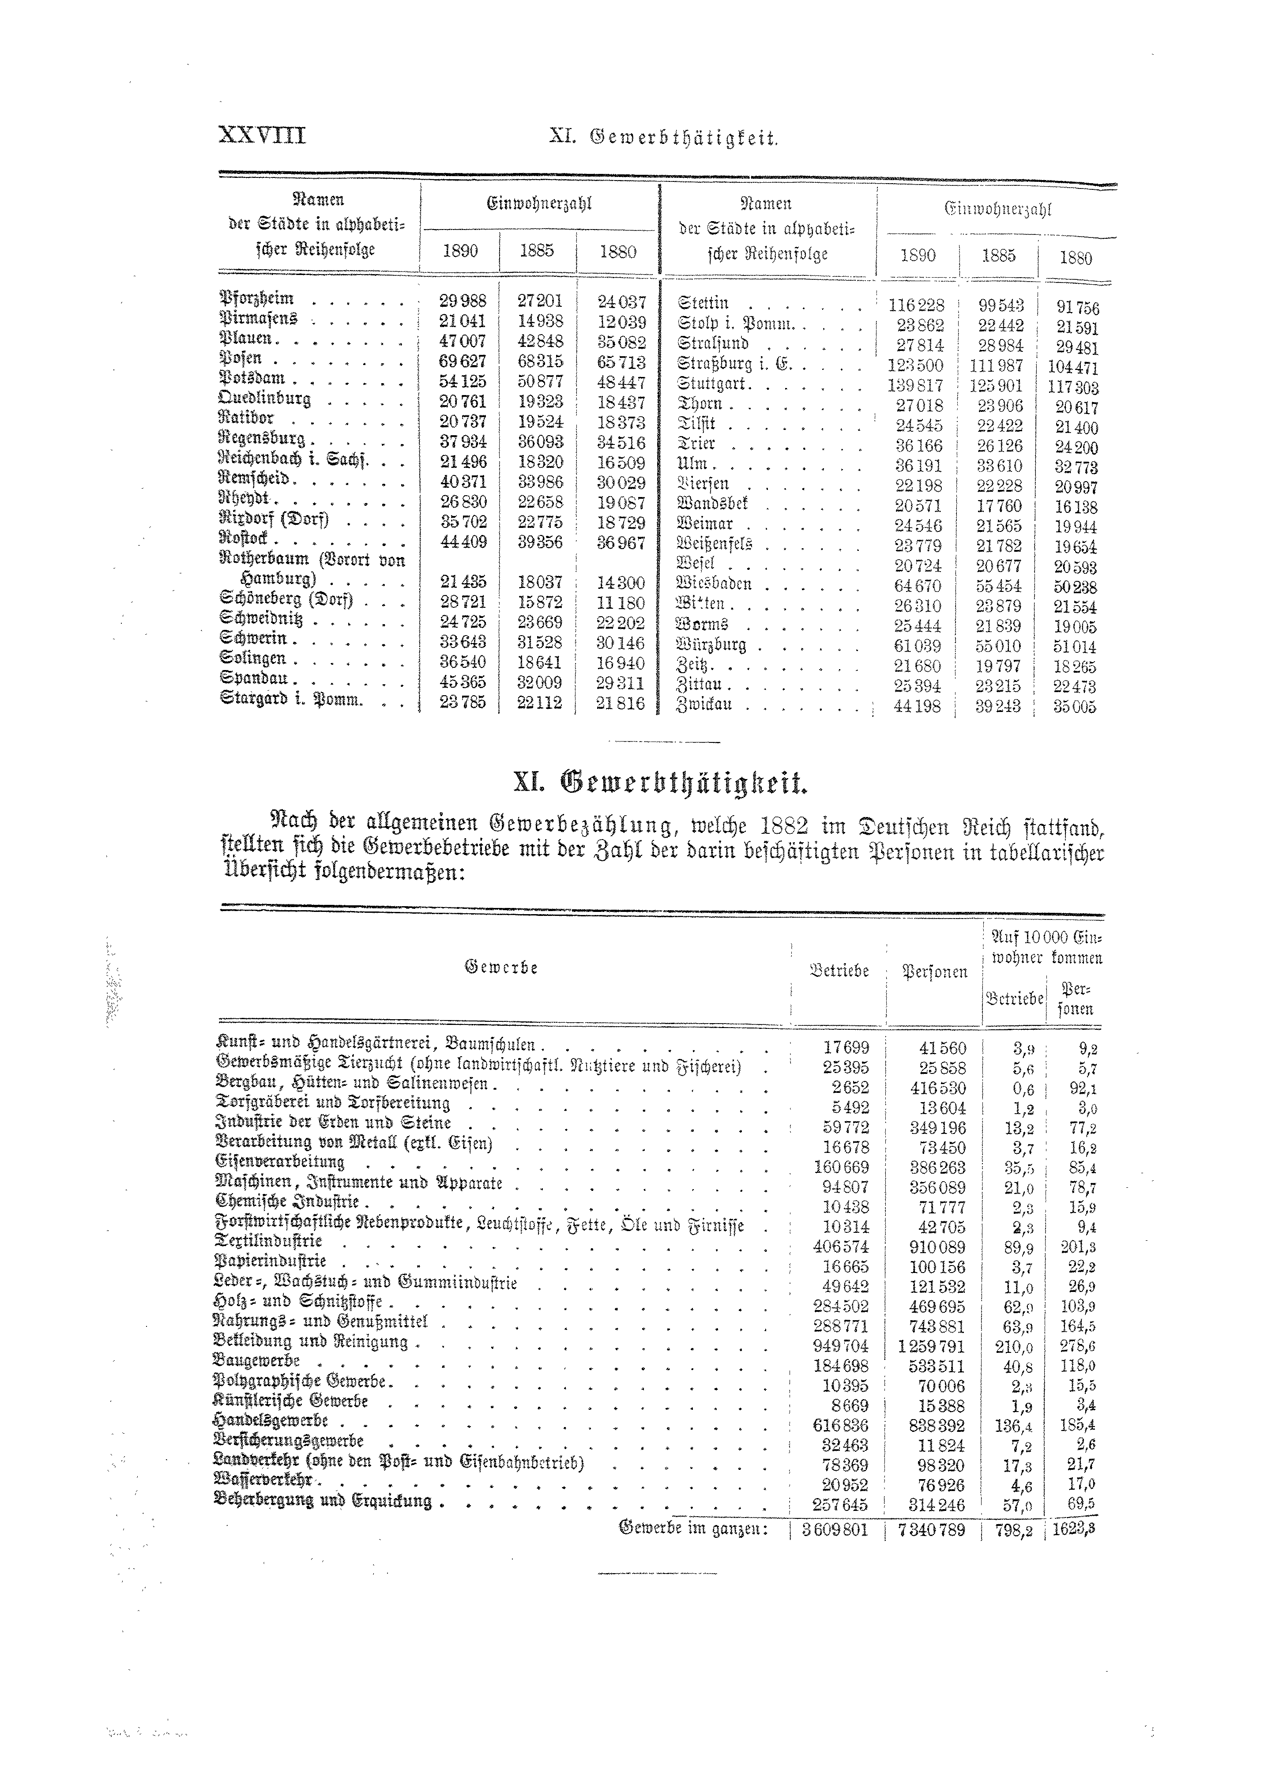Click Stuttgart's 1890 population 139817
pos(915,385)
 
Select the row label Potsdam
pos(254,379)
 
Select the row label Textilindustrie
pos(268,1241)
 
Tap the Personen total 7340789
pos(931,1530)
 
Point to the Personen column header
pos(934,972)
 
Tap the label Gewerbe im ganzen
pos(693,1530)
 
